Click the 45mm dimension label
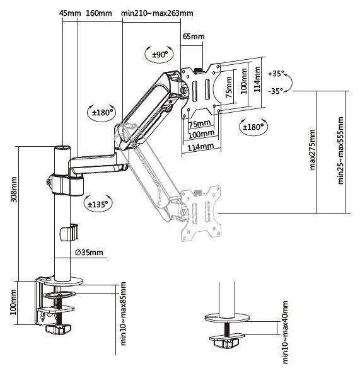tap(70, 13)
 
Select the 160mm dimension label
tap(99, 13)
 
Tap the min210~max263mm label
tap(157, 13)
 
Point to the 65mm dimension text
tap(194, 37)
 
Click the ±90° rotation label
tap(160, 55)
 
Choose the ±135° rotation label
tap(98, 204)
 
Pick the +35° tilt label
tap(276, 74)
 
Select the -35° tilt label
tap(276, 91)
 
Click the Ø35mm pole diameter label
tap(89, 253)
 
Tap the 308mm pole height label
tap(14, 190)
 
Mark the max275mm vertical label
tap(312, 149)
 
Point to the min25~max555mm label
tap(340, 151)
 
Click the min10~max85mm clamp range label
tap(124, 314)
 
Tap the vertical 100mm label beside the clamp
tap(13, 302)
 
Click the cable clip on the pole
tap(69, 232)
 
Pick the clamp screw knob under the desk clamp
tap(58, 329)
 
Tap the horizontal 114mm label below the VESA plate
tap(200, 147)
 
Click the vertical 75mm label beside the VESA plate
tap(229, 87)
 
